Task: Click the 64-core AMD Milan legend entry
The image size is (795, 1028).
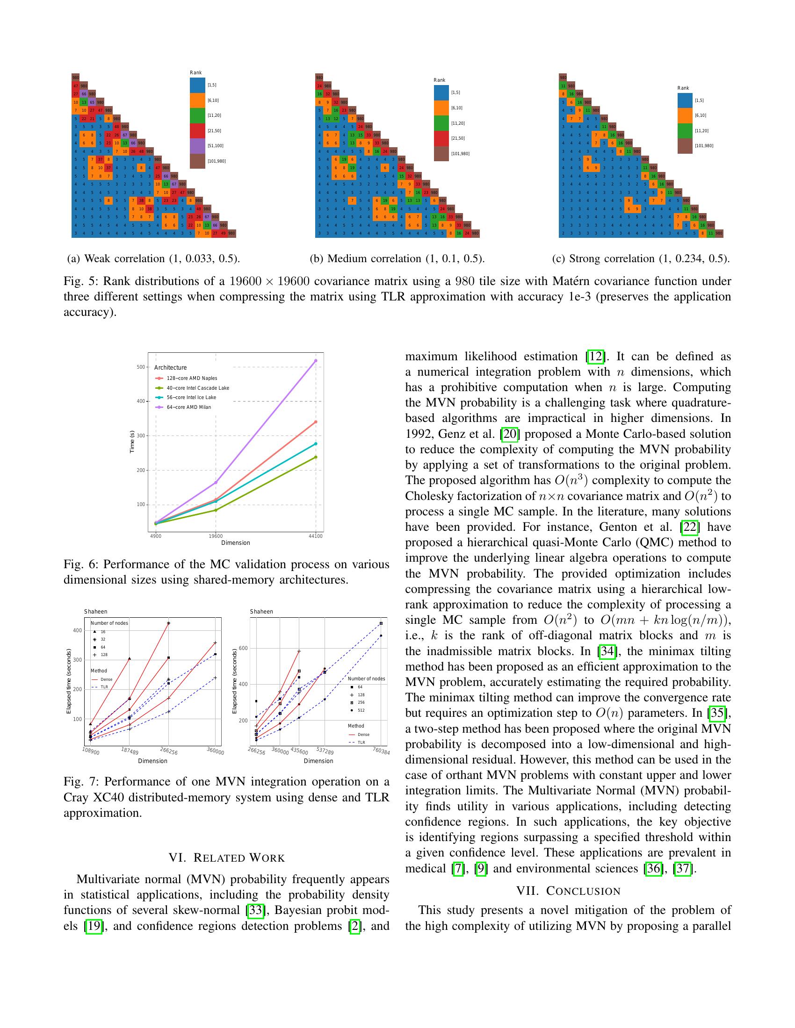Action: click(x=188, y=407)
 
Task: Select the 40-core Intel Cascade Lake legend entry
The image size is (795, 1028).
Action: click(x=197, y=388)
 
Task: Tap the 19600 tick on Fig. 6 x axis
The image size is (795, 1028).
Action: click(x=216, y=535)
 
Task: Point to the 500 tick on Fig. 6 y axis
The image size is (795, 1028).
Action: click(x=141, y=367)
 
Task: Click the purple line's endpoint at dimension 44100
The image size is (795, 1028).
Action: click(x=316, y=361)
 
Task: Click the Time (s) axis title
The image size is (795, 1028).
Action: click(x=132, y=442)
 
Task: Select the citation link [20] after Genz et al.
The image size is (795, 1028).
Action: click(x=510, y=434)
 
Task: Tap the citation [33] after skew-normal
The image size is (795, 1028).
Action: click(x=255, y=910)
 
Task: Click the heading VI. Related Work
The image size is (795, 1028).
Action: click(x=226, y=858)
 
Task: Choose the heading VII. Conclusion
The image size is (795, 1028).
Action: click(x=568, y=891)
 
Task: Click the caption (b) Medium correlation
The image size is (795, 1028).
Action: click(x=397, y=258)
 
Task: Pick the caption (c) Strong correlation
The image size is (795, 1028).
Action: click(x=641, y=258)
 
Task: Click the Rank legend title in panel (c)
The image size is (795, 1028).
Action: click(x=683, y=88)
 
